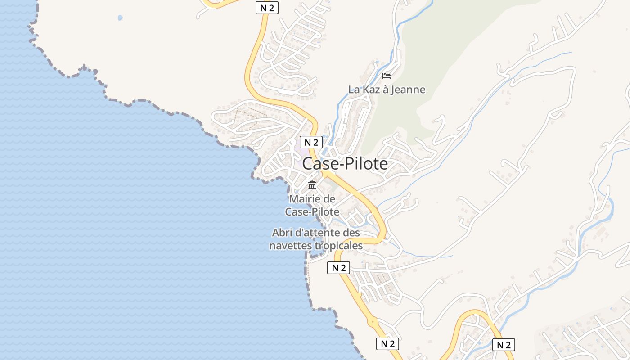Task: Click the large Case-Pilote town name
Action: point(345,164)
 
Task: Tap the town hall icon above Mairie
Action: point(312,185)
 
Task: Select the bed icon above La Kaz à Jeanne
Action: point(387,76)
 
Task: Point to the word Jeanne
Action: point(407,90)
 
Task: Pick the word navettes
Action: point(290,246)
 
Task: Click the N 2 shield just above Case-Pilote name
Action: point(311,142)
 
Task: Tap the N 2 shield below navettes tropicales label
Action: point(338,268)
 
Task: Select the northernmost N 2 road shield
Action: point(267,7)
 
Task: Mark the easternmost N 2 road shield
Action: point(504,345)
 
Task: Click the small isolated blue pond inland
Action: point(120,18)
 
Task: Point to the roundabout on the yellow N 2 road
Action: point(373,322)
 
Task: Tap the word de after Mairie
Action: point(330,198)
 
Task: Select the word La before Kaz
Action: point(354,90)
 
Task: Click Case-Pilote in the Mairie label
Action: point(312,211)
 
